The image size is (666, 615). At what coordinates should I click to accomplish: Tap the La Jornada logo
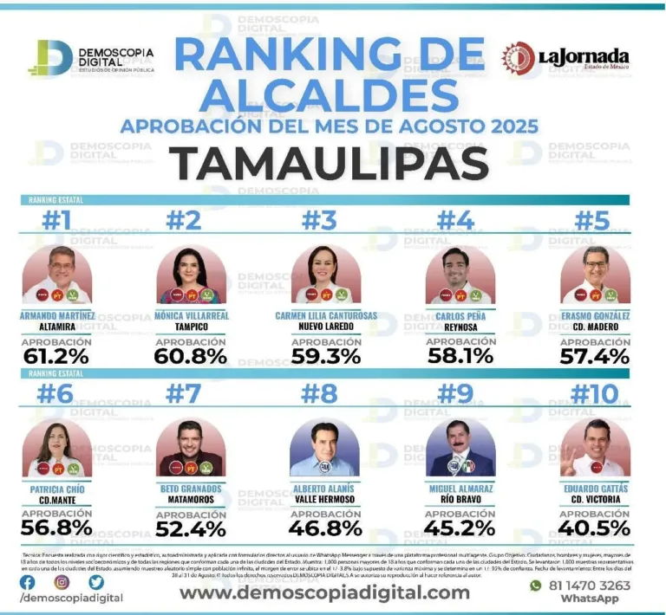pos(564,58)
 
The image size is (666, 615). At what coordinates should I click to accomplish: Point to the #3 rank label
pos(318,221)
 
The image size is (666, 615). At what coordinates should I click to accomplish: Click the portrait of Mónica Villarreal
pos(191,276)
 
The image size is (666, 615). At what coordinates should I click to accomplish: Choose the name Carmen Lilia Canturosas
pos(326,316)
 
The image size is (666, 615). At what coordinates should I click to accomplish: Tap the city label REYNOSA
pos(461,327)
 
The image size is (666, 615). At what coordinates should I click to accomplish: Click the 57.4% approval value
pos(595,356)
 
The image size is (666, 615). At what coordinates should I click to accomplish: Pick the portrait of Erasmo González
pos(595,276)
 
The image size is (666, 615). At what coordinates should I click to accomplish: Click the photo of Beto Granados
pos(191,448)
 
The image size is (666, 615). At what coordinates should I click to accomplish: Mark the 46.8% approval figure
pos(326,528)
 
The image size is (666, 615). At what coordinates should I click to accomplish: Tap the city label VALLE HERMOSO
pos(326,500)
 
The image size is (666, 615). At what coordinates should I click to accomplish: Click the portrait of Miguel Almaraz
pos(460,448)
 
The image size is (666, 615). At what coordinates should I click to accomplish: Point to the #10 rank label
pos(595,394)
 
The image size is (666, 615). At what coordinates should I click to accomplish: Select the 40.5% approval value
pos(595,528)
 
